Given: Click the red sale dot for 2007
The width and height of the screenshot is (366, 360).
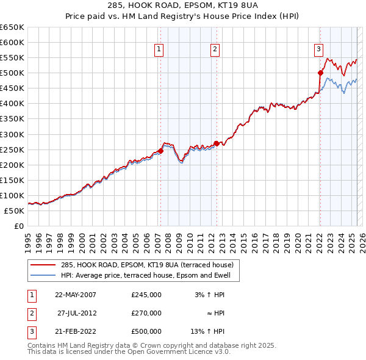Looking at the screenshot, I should point(160,150).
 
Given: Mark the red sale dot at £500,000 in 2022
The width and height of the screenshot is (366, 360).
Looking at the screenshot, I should point(320,73).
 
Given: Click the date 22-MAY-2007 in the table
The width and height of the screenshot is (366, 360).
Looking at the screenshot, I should point(76,294).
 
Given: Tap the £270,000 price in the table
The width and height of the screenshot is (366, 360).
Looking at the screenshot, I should point(146,313).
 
